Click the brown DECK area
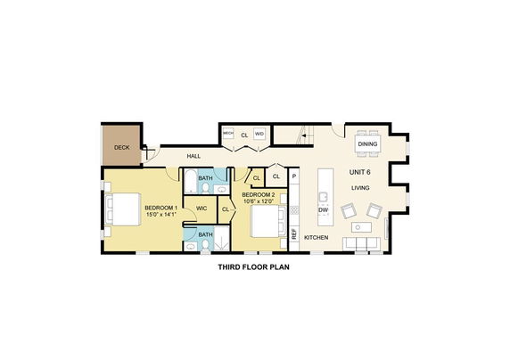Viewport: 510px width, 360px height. [x=121, y=145]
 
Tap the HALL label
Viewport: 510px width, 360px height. [x=193, y=156]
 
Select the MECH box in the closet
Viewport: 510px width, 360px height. [x=228, y=134]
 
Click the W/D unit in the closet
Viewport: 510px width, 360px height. [x=259, y=134]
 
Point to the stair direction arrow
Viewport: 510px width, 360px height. [x=303, y=135]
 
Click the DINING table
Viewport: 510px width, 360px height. [x=368, y=143]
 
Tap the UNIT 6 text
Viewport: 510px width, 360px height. [x=359, y=172]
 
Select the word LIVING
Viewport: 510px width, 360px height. [x=360, y=188]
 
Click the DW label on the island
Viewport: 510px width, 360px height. [x=324, y=210]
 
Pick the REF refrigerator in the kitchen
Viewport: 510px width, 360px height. [x=294, y=234]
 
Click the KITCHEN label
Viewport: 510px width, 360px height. [x=317, y=238]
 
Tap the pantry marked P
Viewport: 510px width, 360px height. [x=294, y=176]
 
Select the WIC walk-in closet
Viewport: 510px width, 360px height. [x=202, y=209]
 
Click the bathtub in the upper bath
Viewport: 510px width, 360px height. [x=190, y=181]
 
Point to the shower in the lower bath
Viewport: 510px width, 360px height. [x=221, y=239]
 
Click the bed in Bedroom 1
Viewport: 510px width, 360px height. [x=123, y=209]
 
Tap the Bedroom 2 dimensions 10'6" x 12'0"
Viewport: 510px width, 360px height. [x=259, y=201]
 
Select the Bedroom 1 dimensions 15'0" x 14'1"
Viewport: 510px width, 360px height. [x=161, y=215]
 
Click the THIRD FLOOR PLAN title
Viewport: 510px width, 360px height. [x=254, y=267]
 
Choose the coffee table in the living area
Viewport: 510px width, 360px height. [x=361, y=227]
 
